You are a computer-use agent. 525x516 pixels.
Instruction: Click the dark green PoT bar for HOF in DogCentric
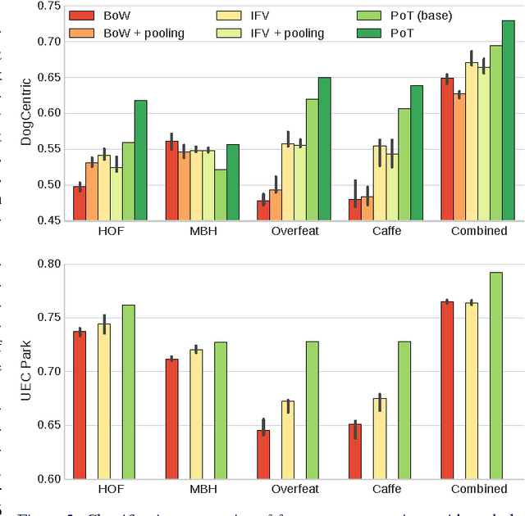pyautogui.click(x=140, y=160)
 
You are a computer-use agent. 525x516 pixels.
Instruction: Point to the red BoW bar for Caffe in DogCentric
pyautogui.click(x=355, y=210)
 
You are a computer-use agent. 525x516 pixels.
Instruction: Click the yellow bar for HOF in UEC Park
pyautogui.click(x=103, y=401)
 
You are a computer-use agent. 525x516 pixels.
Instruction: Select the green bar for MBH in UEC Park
pyautogui.click(x=221, y=410)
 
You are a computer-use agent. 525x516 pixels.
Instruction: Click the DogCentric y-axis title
pyautogui.click(x=25, y=112)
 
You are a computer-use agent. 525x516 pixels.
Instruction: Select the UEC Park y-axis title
pyautogui.click(x=25, y=371)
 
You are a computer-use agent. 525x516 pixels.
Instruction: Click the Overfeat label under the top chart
pyautogui.click(x=294, y=231)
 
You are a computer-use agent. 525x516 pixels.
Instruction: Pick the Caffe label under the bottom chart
pyautogui.click(x=386, y=489)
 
